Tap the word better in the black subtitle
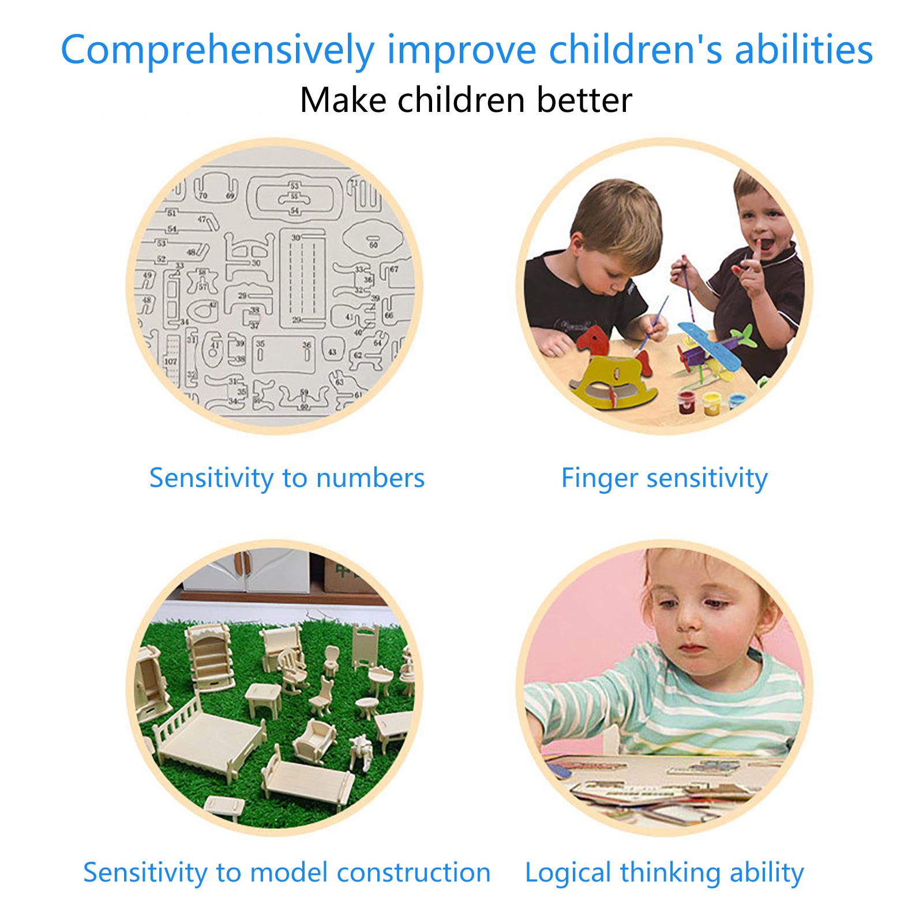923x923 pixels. [584, 100]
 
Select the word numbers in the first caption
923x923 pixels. [370, 478]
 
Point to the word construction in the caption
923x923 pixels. [414, 873]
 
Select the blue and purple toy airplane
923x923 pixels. [715, 348]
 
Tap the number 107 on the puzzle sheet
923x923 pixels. [171, 362]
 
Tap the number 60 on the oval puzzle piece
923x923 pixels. [373, 245]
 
